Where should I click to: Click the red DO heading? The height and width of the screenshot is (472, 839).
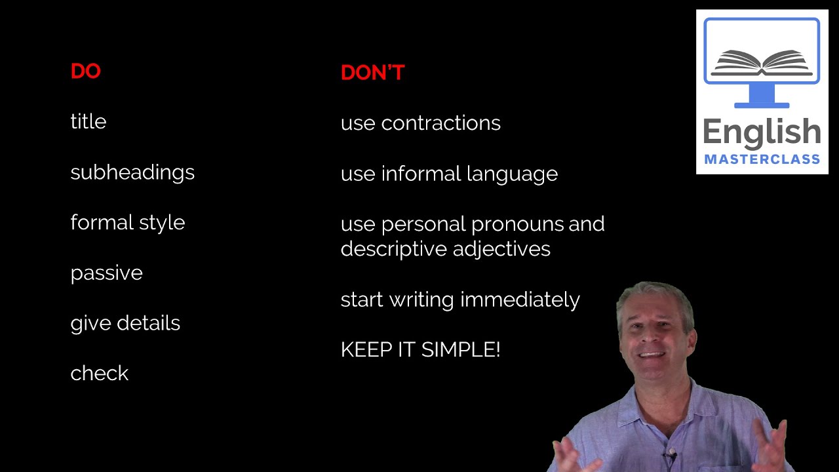click(85, 71)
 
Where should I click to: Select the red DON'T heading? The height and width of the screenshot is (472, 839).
click(372, 73)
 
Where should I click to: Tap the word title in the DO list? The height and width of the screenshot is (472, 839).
click(88, 122)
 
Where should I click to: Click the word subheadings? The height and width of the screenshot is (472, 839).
click(132, 172)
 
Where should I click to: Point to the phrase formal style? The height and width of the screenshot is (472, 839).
click(128, 223)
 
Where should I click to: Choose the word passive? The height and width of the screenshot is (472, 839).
click(106, 273)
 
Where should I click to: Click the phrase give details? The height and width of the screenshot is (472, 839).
click(125, 323)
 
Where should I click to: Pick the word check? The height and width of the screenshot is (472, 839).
click(99, 374)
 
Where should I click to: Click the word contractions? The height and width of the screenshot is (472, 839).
click(440, 123)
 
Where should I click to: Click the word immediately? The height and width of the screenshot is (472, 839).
click(520, 300)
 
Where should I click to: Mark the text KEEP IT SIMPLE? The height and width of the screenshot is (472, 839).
click(420, 350)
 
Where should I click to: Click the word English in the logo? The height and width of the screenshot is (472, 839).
click(762, 132)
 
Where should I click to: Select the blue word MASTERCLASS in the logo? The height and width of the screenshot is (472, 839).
click(762, 159)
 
